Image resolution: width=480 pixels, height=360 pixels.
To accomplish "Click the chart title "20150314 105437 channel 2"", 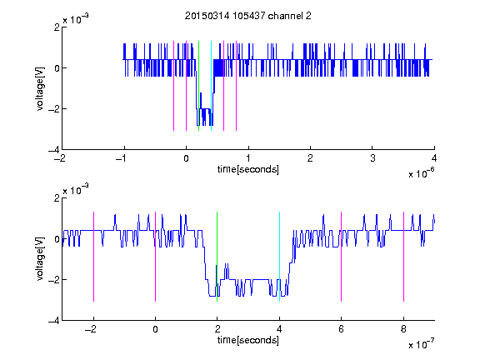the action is pyautogui.click(x=248, y=16).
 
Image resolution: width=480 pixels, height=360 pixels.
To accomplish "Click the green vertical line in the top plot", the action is pyautogui.click(x=198, y=86).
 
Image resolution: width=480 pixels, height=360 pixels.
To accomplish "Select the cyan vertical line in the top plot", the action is pyautogui.click(x=211, y=86).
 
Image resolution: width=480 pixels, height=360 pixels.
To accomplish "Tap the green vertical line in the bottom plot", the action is pyautogui.click(x=217, y=257).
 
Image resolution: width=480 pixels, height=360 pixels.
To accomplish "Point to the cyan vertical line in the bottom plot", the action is pyautogui.click(x=279, y=257).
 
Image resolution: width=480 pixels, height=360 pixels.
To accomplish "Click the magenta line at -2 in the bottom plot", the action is pyautogui.click(x=93, y=257).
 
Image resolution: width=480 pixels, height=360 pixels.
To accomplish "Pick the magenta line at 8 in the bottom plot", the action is pyautogui.click(x=403, y=257).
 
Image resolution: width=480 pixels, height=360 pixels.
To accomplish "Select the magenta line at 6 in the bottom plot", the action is pyautogui.click(x=342, y=257).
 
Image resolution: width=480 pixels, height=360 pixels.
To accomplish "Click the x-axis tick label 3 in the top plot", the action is pyautogui.click(x=372, y=158).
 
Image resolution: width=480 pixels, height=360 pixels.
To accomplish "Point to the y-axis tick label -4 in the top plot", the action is pyautogui.click(x=54, y=150).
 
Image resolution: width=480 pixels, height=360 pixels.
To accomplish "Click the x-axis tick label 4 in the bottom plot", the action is pyautogui.click(x=279, y=329).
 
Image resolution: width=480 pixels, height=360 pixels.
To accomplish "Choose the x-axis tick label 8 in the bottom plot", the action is pyautogui.click(x=403, y=329).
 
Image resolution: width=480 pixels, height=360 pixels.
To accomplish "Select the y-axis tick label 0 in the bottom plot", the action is pyautogui.click(x=57, y=239).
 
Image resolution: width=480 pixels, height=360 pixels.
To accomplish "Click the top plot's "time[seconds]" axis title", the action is pyautogui.click(x=248, y=169).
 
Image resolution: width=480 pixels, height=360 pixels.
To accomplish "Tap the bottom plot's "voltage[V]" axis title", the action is pyautogui.click(x=40, y=258).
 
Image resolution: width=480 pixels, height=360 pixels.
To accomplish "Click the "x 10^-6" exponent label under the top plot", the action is pyautogui.click(x=421, y=173).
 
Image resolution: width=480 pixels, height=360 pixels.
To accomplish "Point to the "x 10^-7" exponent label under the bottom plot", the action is pyautogui.click(x=421, y=344).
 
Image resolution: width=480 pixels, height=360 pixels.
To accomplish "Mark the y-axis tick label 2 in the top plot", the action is pyautogui.click(x=57, y=27).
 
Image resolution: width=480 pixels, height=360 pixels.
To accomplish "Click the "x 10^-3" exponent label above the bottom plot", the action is pyautogui.click(x=76, y=189).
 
